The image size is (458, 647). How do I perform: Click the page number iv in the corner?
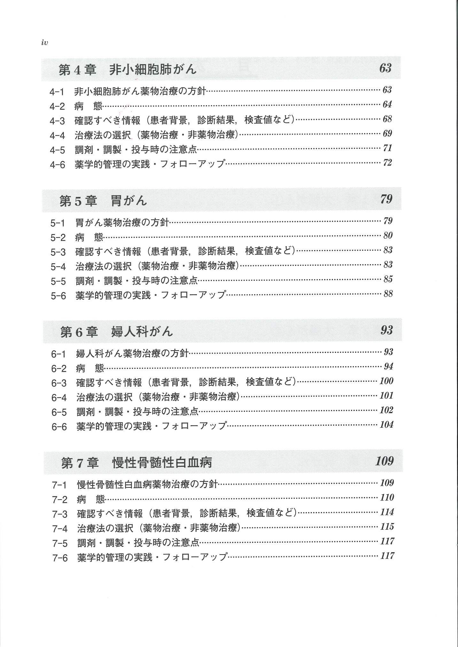pos(44,43)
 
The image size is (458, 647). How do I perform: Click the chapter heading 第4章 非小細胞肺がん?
pos(127,69)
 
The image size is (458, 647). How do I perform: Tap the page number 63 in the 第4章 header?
pos(385,68)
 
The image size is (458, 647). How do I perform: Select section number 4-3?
pos(57,121)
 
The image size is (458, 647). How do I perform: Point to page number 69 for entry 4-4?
pos(387,133)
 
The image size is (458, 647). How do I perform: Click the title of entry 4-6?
pos(150,164)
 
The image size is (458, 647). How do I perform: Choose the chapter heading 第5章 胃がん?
pos(103,201)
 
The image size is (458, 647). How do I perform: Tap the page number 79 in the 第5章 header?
pos(386,199)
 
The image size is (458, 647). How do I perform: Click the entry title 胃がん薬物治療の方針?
pos(122,222)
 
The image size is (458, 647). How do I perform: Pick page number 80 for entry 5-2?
pos(388,235)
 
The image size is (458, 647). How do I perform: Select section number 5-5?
pos(58,281)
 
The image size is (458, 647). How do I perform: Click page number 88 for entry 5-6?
pos(388,294)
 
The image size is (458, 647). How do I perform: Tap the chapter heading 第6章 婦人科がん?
pos(116,332)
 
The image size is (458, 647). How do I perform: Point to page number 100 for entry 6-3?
pos(386,381)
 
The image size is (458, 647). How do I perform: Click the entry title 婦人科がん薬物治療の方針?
pos(132,353)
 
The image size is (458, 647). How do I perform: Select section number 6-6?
pos(59,427)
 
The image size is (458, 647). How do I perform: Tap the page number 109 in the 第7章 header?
pos(384,461)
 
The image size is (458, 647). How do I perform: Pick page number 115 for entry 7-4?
pos(387,526)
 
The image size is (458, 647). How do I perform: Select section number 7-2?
pos(60,500)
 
